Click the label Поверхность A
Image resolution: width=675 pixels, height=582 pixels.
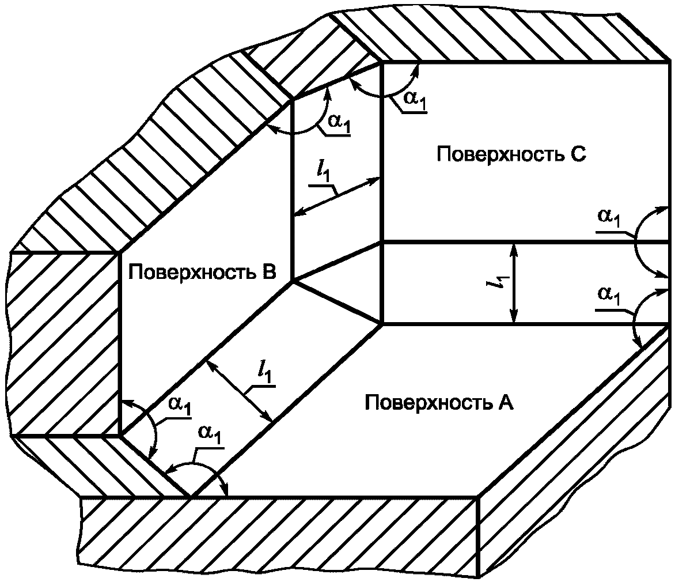pos(439,402)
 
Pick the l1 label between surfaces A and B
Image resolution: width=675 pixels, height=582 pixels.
pos(266,375)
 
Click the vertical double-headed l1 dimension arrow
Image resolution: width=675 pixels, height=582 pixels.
pos(514,283)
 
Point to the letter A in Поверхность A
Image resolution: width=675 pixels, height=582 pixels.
pos(505,402)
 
